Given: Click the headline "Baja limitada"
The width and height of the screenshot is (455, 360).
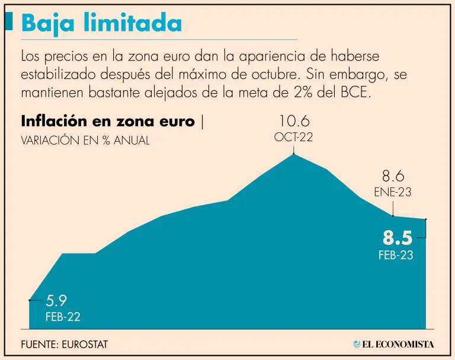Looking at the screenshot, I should point(101,23).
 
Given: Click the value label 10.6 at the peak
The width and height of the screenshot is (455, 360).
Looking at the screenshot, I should point(294,122).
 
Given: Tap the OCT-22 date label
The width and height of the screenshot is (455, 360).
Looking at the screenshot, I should point(293,137).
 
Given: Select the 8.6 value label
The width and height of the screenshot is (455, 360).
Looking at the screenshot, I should point(393,176).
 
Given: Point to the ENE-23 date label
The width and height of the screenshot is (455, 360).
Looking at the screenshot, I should point(393,192).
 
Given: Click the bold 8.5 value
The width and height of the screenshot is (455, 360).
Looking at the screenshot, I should point(397,238).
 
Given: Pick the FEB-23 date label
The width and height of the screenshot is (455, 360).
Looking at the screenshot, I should point(396,256).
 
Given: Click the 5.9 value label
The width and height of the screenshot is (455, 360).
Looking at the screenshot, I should point(56,301).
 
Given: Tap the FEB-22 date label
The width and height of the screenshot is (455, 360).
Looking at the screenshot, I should point(63,317).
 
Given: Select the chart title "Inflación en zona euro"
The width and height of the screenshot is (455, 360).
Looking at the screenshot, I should point(107,122).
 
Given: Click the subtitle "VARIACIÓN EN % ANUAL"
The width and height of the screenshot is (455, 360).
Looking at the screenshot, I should point(85,141).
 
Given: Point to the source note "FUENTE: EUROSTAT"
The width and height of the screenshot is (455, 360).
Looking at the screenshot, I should point(65,344).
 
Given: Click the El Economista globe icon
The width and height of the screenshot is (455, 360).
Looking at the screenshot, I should point(357,344).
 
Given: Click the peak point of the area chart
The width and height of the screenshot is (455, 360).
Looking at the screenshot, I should point(294,154).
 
